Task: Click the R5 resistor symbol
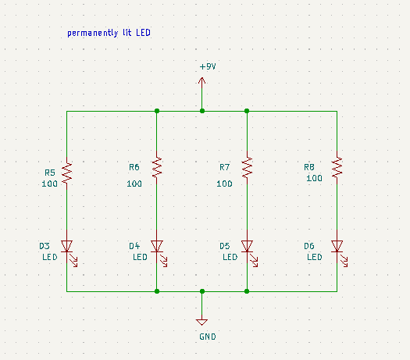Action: click(66, 173)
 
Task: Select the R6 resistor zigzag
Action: click(157, 168)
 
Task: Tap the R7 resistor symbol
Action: click(247, 168)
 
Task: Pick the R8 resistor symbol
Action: click(337, 168)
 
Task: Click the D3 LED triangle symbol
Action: click(67, 246)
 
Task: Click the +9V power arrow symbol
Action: click(201, 83)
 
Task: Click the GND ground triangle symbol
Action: click(201, 322)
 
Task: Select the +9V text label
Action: click(208, 66)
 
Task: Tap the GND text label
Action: click(208, 337)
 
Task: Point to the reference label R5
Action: click(50, 173)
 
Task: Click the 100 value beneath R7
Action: click(224, 184)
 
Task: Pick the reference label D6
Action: click(309, 246)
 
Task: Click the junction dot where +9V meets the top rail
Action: click(202, 111)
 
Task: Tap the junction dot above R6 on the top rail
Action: click(157, 111)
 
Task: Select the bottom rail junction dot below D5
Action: click(247, 291)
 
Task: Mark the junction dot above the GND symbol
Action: click(202, 291)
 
